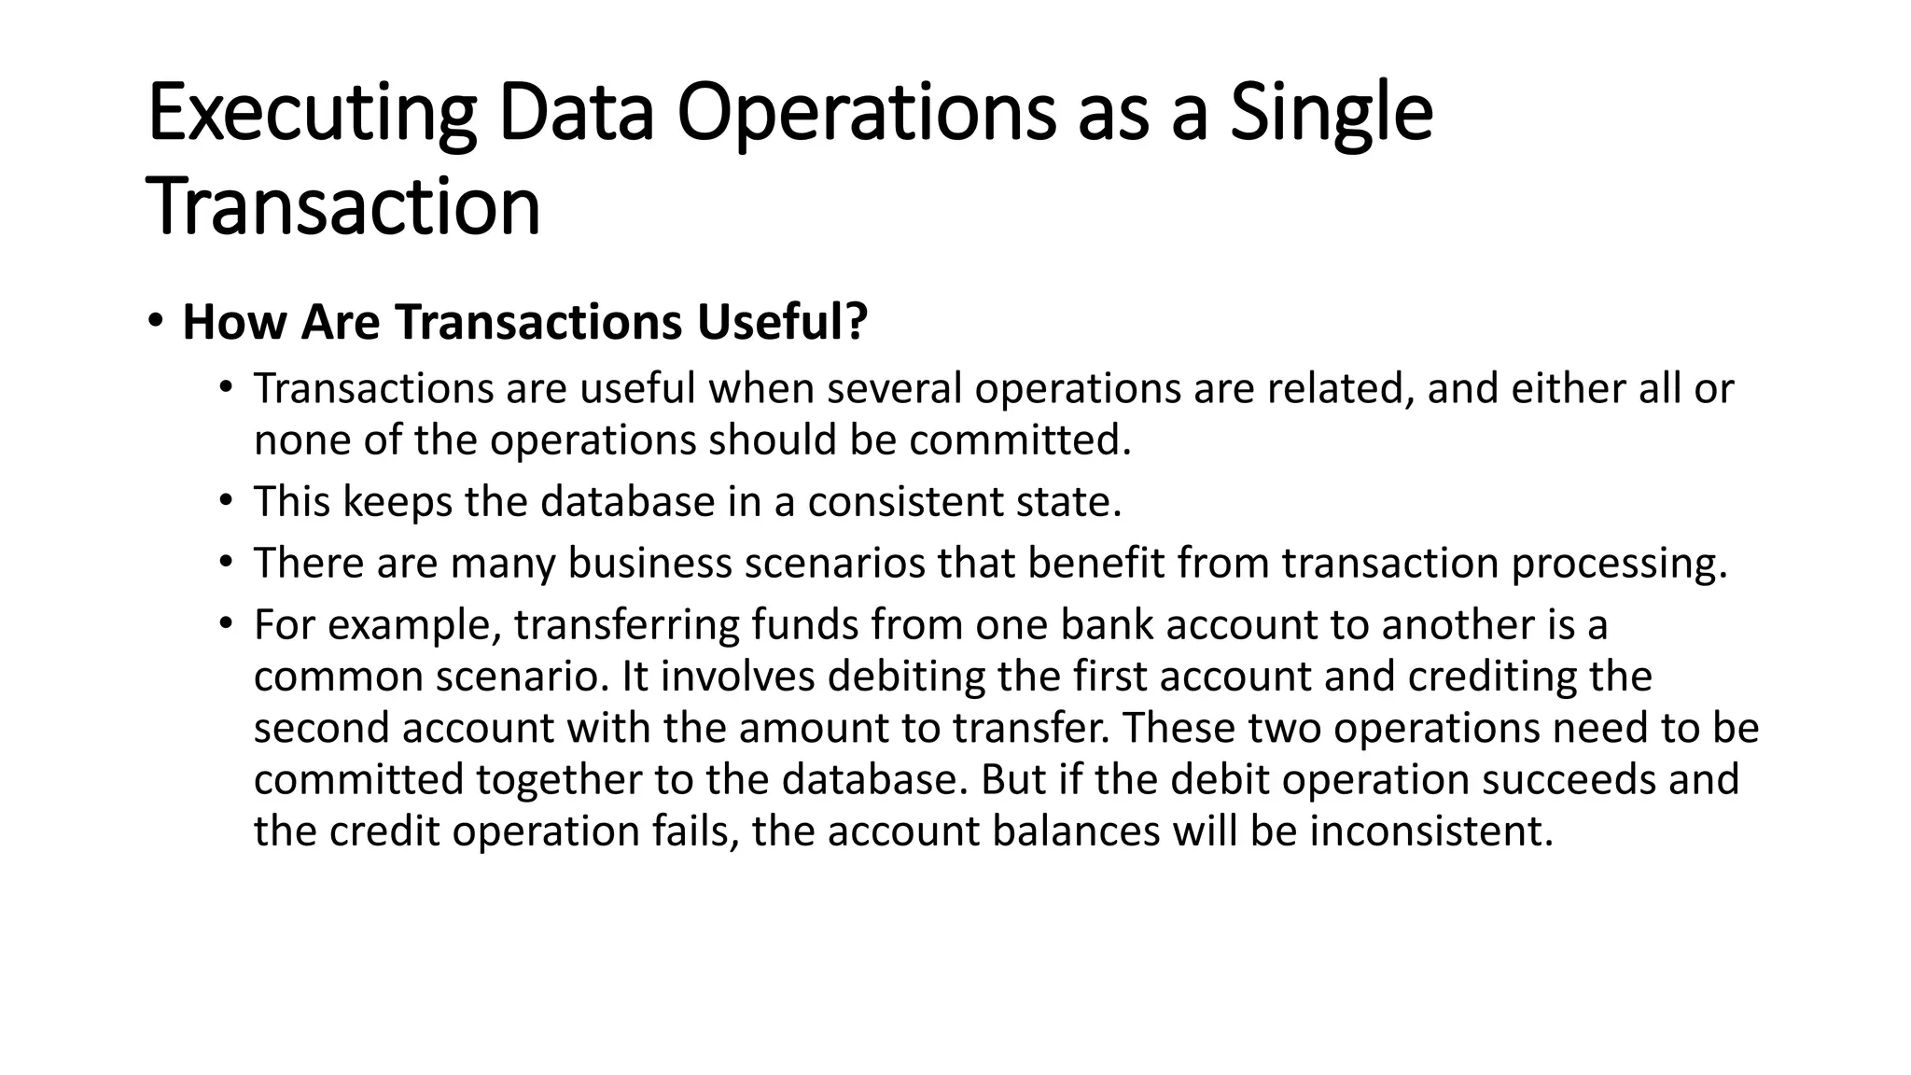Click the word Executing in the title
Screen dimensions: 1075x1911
click(x=312, y=114)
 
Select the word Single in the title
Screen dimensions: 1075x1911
click(x=1331, y=114)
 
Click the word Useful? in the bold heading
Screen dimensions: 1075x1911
click(x=782, y=322)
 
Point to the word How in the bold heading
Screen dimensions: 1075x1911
click(x=234, y=322)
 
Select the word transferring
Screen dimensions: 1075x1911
click(x=627, y=624)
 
